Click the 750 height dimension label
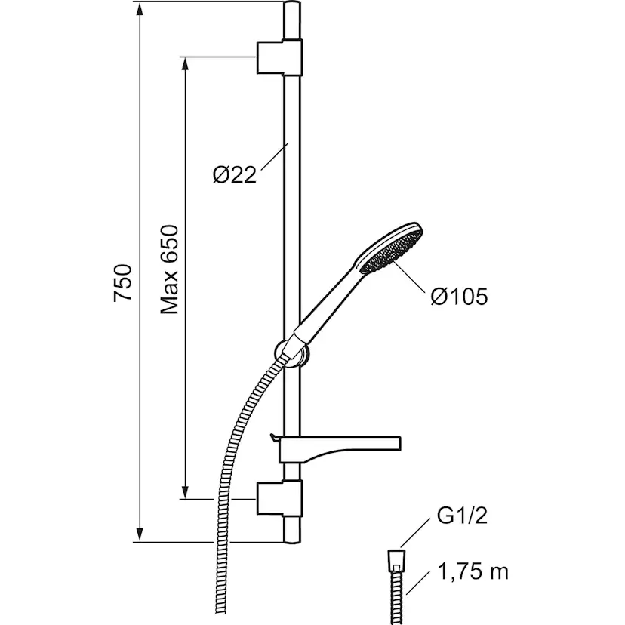pos(123,282)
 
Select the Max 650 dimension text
pos(169,269)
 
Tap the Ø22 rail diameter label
pos(234,174)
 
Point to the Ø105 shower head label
pos(459,297)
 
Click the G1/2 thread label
pos(462,516)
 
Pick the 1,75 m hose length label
pos(473,571)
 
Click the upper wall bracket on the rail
pos(279,57)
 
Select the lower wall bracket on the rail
pos(279,499)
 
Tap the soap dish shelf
pos(339,450)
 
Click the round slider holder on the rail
pos(293,354)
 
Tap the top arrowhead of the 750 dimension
pos(139,9)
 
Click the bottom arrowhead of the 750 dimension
pos(139,535)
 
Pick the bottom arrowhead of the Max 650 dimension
pos(184,492)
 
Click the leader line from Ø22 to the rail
pos(274,159)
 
